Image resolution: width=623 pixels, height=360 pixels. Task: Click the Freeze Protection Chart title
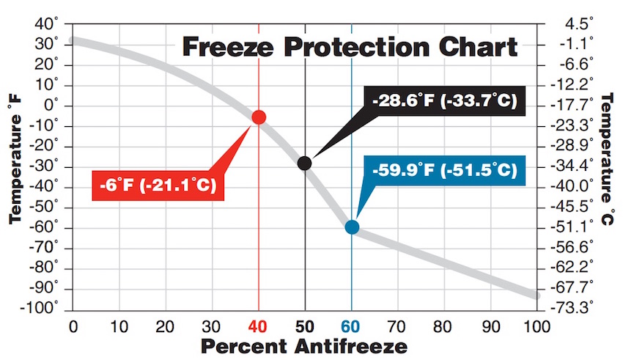(x=350, y=48)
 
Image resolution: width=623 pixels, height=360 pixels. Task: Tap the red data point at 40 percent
(x=259, y=117)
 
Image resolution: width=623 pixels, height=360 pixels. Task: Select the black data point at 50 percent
(x=305, y=163)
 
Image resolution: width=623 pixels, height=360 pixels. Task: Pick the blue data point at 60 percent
(x=352, y=227)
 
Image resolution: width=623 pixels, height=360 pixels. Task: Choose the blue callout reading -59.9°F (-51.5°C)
(x=444, y=172)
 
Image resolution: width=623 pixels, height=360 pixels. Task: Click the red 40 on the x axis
(x=259, y=325)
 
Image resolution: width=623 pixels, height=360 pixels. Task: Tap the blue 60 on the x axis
(x=352, y=325)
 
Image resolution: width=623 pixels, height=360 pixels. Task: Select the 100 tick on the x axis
(x=538, y=325)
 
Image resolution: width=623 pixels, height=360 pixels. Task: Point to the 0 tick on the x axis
(x=73, y=325)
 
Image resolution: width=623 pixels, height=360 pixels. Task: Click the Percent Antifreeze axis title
(x=303, y=345)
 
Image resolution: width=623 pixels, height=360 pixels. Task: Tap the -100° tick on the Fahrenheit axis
(x=40, y=308)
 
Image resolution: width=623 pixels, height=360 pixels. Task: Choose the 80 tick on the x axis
(x=444, y=325)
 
